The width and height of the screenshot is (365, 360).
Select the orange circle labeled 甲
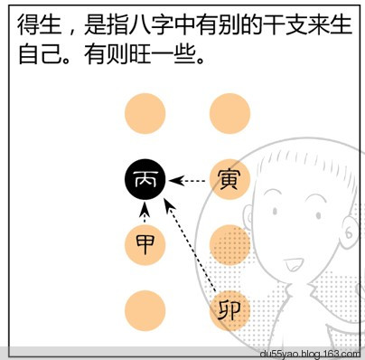(x=145, y=244)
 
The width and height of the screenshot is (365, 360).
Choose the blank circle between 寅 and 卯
(x=229, y=244)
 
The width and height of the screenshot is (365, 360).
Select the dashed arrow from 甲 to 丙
(x=145, y=213)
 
